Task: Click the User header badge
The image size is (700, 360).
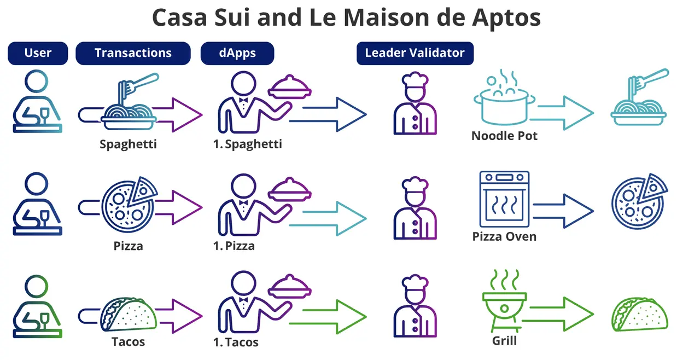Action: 38,53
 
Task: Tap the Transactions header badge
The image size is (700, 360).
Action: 133,53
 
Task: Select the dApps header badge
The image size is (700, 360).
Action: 237,53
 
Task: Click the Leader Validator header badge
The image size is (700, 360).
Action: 415,53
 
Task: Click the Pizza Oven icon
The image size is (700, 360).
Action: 504,199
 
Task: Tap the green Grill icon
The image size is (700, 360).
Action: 504,300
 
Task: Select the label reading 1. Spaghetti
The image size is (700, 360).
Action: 248,144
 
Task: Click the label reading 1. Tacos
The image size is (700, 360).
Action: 236,342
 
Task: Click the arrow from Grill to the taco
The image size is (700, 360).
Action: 561,313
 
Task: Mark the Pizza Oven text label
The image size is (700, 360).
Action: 504,236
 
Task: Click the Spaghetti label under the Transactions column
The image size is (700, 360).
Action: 128,144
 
